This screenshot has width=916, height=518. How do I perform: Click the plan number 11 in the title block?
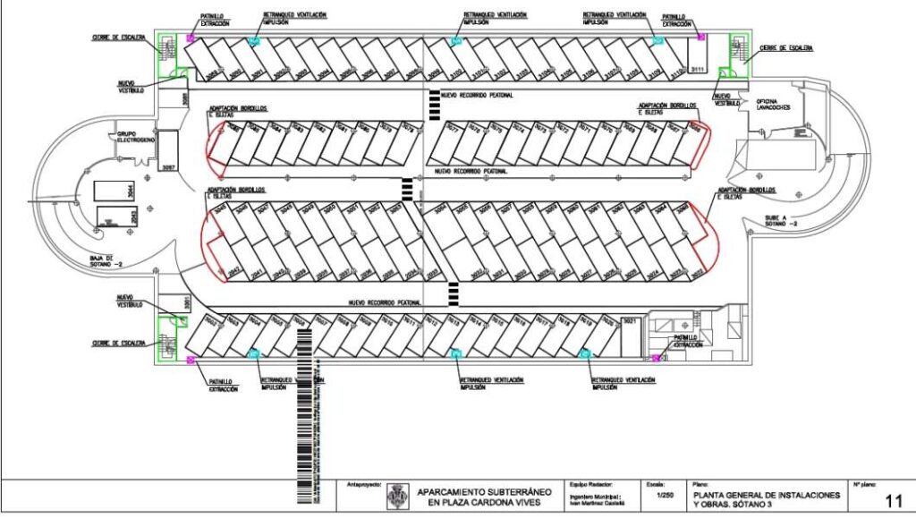tap(893, 500)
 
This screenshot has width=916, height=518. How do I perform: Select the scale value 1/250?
tap(664, 495)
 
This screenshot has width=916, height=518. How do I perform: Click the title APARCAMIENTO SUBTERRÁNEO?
tap(484, 491)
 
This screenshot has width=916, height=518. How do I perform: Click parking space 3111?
tap(699, 69)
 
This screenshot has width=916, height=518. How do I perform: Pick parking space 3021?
tap(629, 320)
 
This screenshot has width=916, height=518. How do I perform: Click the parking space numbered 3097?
tap(167, 166)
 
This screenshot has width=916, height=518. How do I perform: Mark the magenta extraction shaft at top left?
tap(191, 38)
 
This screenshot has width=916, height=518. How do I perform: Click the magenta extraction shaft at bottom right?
tap(657, 358)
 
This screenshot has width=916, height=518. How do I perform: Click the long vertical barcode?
tap(304, 412)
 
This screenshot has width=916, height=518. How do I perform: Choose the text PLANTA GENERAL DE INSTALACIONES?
tap(766, 494)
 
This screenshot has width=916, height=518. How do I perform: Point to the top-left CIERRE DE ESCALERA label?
tap(117, 38)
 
